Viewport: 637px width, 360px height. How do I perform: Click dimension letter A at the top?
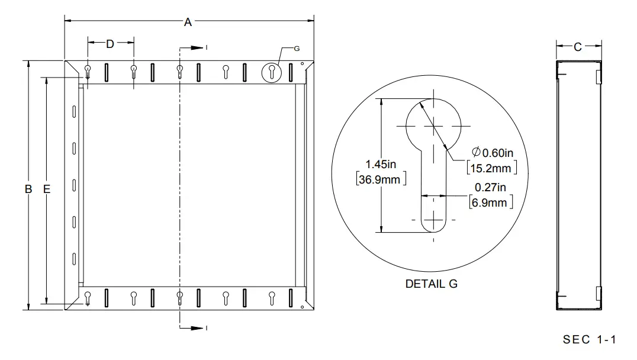pyautogui.click(x=188, y=22)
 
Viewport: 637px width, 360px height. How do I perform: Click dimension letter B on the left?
pyautogui.click(x=28, y=189)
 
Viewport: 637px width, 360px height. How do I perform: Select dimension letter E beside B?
pyautogui.click(x=47, y=189)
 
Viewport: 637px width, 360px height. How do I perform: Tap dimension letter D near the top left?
pyautogui.click(x=110, y=43)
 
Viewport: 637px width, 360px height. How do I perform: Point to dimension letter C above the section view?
pyautogui.click(x=578, y=47)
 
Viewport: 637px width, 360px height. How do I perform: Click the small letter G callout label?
pyautogui.click(x=297, y=48)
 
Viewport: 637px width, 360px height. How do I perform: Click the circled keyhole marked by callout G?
pyautogui.click(x=271, y=72)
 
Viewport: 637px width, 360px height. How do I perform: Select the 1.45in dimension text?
pyautogui.click(x=380, y=164)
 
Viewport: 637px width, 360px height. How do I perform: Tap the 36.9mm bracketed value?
pyautogui.click(x=381, y=179)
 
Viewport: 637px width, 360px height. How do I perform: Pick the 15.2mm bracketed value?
pyautogui.click(x=492, y=168)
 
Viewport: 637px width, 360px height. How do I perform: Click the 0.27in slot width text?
pyautogui.click(x=490, y=188)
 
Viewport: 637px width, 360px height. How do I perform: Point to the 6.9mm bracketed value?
pyautogui.click(x=490, y=202)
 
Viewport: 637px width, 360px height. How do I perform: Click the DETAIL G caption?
pyautogui.click(x=431, y=284)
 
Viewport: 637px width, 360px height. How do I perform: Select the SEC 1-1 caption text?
pyautogui.click(x=590, y=339)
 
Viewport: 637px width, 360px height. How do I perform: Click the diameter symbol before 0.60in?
pyautogui.click(x=477, y=152)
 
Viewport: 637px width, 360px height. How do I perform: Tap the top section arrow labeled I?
pyautogui.click(x=194, y=47)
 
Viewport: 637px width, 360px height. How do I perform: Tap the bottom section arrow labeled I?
pyautogui.click(x=194, y=327)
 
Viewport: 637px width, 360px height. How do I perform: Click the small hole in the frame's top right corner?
pyautogui.click(x=302, y=64)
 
